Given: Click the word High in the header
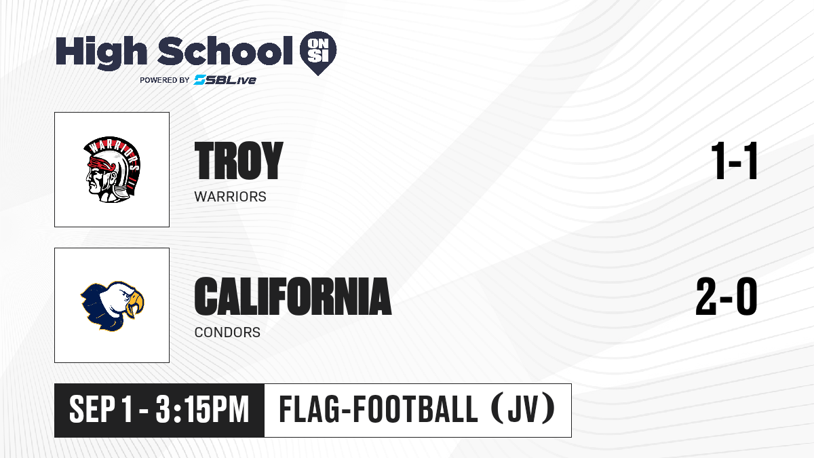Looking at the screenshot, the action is pyautogui.click(x=101, y=53).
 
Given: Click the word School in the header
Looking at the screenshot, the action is pyautogui.click(x=225, y=51).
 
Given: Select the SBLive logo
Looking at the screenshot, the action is pyautogui.click(x=225, y=80).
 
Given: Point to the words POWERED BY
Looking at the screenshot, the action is pyautogui.click(x=165, y=80).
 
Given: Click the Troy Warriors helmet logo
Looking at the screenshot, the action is pyautogui.click(x=113, y=170).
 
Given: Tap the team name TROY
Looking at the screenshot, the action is pyautogui.click(x=239, y=160).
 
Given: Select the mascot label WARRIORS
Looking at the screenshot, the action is pyautogui.click(x=231, y=197).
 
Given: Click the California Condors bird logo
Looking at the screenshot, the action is pyautogui.click(x=113, y=306).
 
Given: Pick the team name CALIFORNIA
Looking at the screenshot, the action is pyautogui.click(x=293, y=296).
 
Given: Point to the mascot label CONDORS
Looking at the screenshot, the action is pyautogui.click(x=227, y=332).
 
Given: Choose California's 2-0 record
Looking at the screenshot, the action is pyautogui.click(x=726, y=296).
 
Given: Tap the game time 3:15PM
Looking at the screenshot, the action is pyautogui.click(x=202, y=410).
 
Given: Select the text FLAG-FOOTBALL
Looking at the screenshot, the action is pyautogui.click(x=379, y=409).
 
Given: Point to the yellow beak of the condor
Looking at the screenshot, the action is pyautogui.click(x=135, y=303).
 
